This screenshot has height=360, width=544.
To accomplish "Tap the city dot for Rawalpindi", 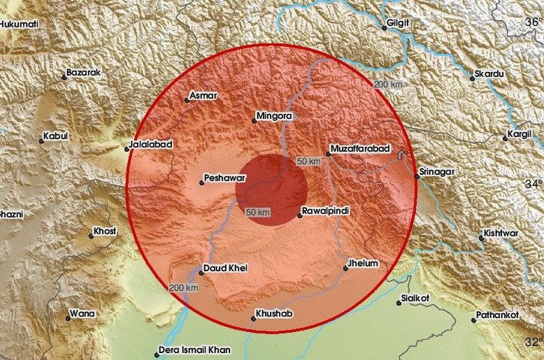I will (300, 215).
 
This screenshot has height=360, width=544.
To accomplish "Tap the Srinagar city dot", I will (416, 176).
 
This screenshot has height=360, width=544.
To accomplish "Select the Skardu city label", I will (489, 73).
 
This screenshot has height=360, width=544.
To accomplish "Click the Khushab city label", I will (274, 314).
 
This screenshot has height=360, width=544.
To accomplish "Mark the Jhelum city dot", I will (345, 268).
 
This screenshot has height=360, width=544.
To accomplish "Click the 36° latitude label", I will (534, 22).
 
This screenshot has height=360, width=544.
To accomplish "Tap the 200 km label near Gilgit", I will (388, 85).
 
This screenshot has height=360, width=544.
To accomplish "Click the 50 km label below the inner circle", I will (259, 212).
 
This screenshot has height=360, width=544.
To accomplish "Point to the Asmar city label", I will (204, 95).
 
